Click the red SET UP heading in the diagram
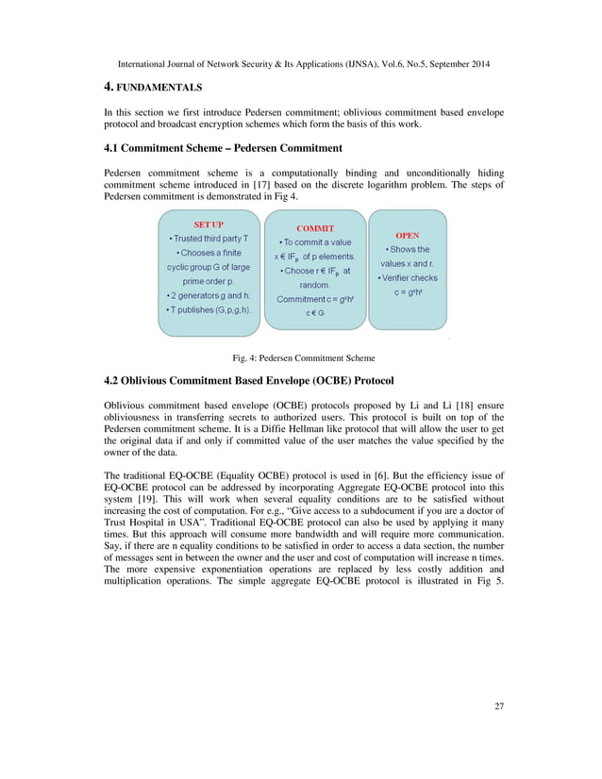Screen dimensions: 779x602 (208, 225)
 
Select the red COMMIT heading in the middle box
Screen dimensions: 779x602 (315, 228)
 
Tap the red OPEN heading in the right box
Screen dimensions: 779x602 (408, 236)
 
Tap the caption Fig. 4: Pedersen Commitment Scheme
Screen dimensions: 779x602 (304, 357)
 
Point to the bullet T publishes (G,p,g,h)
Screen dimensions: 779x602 (208, 309)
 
